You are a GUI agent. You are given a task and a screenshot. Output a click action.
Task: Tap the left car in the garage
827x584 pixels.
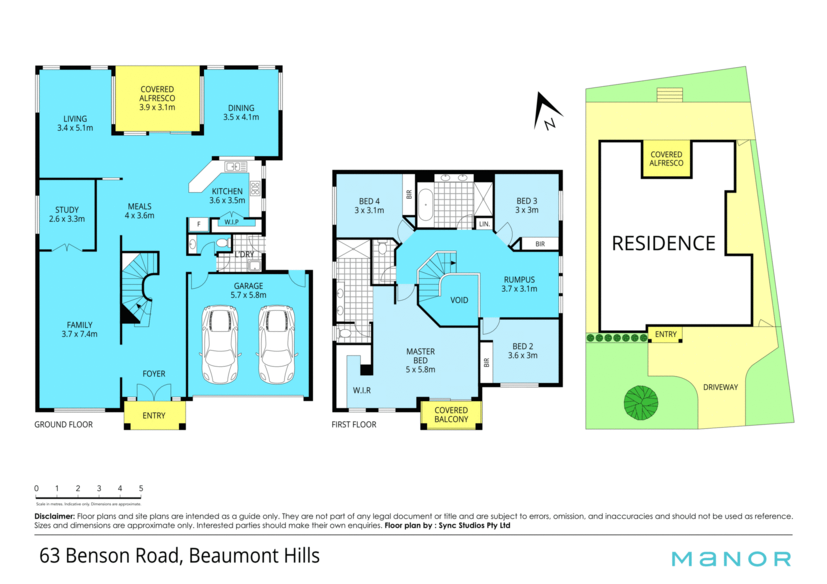click(x=220, y=344)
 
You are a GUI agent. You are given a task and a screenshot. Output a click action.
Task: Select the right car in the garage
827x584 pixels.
click(x=277, y=344)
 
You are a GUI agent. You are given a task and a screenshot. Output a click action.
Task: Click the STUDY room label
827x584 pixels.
click(x=67, y=210)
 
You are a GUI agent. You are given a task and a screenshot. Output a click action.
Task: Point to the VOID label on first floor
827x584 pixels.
click(x=459, y=300)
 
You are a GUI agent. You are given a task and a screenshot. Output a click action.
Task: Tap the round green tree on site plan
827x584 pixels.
click(x=641, y=402)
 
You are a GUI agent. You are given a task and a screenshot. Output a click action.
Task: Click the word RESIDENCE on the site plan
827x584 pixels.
click(x=663, y=244)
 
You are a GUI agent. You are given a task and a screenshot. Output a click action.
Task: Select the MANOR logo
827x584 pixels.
click(x=731, y=559)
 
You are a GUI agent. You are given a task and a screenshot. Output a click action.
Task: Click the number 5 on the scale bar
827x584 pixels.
click(x=141, y=488)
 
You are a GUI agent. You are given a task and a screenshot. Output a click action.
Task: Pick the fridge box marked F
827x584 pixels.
click(x=199, y=224)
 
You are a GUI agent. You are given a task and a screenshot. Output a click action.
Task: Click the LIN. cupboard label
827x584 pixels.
click(x=485, y=224)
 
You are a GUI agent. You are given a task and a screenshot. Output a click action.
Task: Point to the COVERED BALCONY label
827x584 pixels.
click(x=451, y=415)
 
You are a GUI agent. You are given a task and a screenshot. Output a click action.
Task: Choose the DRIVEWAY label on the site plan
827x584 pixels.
click(x=721, y=387)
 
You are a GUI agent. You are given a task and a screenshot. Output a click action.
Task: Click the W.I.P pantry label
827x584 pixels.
click(x=231, y=222)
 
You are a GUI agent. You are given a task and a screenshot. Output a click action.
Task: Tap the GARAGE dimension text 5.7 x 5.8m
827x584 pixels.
click(x=249, y=295)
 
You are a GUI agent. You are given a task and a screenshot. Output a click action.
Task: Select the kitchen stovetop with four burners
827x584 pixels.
click(x=255, y=188)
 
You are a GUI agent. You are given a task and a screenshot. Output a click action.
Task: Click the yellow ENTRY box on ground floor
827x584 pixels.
click(x=155, y=415)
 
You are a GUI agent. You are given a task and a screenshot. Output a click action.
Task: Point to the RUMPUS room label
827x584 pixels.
click(x=519, y=280)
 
